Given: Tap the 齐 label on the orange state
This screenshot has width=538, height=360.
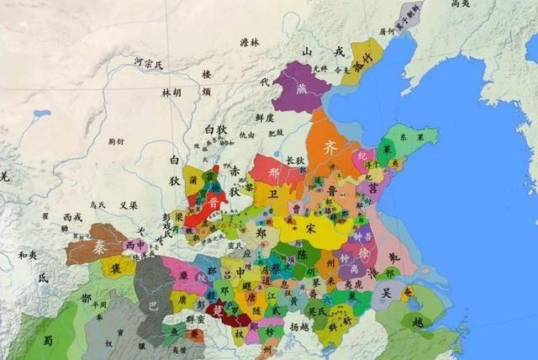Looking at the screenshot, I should (330, 145).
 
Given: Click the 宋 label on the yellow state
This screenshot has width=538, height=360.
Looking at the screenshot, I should (312, 227).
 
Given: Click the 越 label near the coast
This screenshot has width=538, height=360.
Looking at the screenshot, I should (419, 321).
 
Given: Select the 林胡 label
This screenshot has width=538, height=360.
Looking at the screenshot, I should (171, 93).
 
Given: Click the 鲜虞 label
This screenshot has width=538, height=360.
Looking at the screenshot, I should (256, 118).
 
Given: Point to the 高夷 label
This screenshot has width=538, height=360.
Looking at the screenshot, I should (461, 5).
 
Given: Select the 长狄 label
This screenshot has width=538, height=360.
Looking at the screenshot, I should (295, 161).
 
